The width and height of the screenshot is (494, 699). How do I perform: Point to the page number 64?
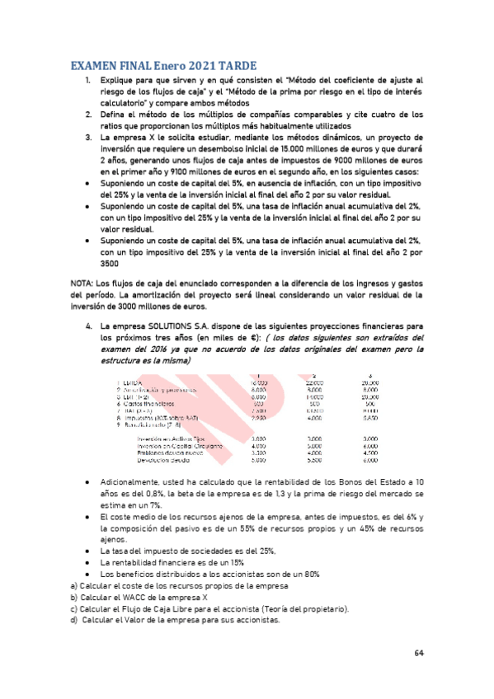click(x=419, y=652)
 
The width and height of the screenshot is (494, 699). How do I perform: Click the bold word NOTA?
click(x=85, y=283)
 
